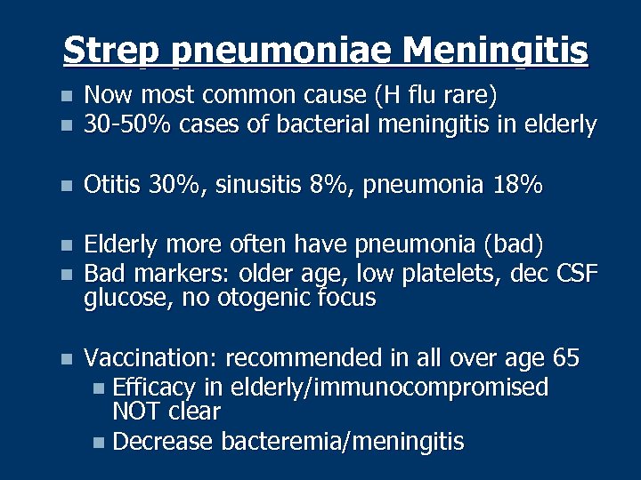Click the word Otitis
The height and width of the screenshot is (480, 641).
click(x=112, y=185)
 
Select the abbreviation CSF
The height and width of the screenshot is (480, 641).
click(x=576, y=272)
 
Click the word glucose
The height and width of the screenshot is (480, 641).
click(x=126, y=299)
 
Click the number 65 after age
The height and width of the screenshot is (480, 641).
click(x=565, y=359)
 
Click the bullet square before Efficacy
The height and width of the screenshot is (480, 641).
click(x=99, y=389)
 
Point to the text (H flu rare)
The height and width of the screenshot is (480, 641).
click(x=435, y=96)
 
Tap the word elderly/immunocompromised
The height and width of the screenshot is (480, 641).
click(x=389, y=388)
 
